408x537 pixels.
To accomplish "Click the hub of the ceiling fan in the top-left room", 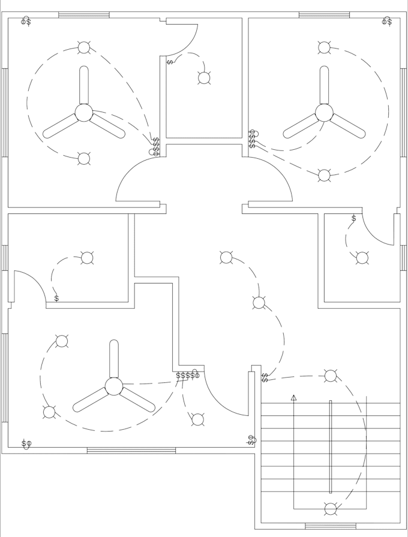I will [x=84, y=112].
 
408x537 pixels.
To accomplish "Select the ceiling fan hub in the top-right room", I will [x=324, y=112].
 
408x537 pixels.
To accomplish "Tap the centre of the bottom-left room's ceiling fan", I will [x=114, y=386].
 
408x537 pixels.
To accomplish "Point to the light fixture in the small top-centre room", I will [x=204, y=78].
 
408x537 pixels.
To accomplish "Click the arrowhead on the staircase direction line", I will [x=293, y=397].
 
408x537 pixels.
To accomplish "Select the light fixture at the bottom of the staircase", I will [x=331, y=509].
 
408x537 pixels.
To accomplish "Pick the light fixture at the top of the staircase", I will [x=331, y=376].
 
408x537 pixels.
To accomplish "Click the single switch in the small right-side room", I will [x=354, y=219].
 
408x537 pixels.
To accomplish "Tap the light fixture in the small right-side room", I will [x=362, y=258].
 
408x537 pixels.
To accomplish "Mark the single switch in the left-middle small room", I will [x=56, y=298].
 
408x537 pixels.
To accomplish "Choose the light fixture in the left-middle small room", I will [x=87, y=258].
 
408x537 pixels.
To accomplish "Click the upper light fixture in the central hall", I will [x=226, y=257].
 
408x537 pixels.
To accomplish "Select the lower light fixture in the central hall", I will [x=259, y=303].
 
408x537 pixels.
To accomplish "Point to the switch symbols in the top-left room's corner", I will [x=26, y=22].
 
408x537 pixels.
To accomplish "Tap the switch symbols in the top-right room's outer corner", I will [x=387, y=22].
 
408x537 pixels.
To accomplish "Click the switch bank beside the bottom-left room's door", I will [x=188, y=375].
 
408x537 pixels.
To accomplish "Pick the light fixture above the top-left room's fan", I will [x=84, y=47].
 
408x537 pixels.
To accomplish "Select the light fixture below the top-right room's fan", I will [x=324, y=175].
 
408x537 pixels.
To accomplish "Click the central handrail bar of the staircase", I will [x=331, y=447].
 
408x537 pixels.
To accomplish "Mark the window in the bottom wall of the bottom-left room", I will [x=131, y=450].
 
